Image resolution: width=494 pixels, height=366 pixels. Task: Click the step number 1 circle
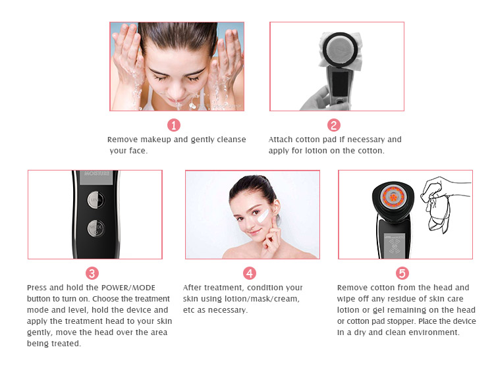coord(174,125)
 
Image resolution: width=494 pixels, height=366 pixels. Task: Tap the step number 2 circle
coord(334,125)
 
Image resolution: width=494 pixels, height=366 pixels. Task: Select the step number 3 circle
coord(92,273)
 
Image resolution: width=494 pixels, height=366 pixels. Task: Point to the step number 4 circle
coord(250,273)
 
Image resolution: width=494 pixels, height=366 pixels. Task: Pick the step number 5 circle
coord(402,273)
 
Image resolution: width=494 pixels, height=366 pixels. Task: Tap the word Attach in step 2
coord(281,140)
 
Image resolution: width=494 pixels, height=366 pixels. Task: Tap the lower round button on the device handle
coord(97,228)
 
